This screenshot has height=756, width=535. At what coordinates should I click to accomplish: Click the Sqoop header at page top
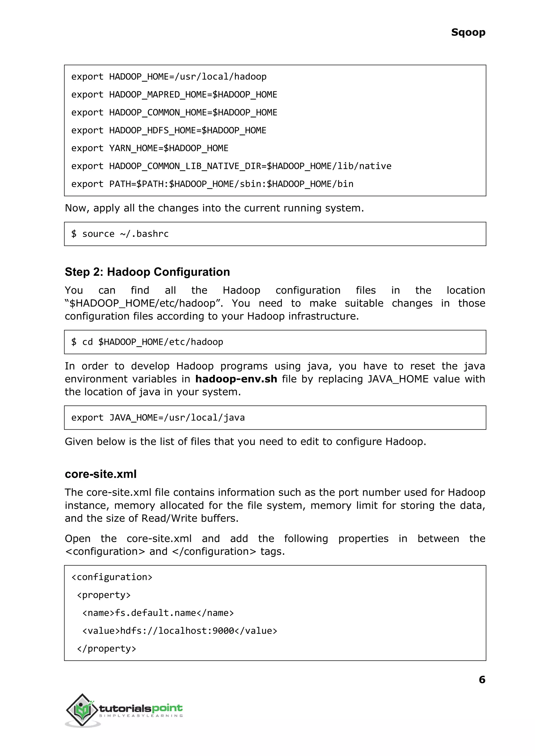click(468, 32)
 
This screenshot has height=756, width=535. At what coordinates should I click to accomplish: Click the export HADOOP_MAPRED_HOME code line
click(174, 95)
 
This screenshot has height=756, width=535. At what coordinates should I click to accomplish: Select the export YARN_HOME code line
click(150, 148)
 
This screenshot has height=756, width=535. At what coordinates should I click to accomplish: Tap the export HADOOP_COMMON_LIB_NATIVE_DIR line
click(231, 166)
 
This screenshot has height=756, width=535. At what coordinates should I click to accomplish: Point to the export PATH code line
click(212, 184)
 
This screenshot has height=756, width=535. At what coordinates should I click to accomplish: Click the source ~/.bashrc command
click(120, 234)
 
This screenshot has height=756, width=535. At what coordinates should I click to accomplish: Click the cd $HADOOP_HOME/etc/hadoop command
click(147, 342)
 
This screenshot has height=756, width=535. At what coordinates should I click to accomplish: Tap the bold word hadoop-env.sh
click(236, 379)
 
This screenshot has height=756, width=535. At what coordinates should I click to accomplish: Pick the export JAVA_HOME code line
click(158, 418)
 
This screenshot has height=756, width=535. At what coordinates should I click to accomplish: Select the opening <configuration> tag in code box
click(112, 577)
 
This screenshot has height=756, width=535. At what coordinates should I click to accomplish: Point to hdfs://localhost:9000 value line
click(179, 631)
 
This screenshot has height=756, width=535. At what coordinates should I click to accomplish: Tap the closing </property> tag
click(106, 649)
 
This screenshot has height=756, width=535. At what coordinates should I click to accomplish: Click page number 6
click(482, 679)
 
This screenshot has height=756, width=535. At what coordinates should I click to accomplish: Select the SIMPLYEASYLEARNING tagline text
click(141, 716)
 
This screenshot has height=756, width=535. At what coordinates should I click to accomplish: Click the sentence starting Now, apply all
click(214, 208)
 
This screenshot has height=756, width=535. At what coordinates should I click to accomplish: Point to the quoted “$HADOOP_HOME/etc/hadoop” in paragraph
click(144, 303)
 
